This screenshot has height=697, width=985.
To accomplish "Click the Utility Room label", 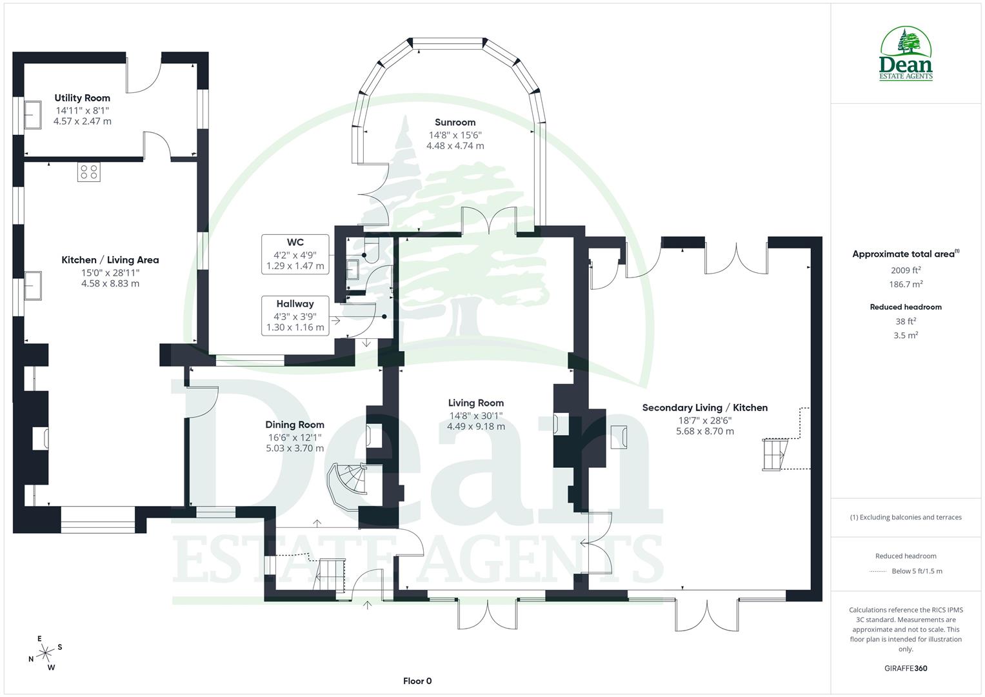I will coord(82,98).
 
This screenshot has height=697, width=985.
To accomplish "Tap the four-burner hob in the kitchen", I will coord(88,172).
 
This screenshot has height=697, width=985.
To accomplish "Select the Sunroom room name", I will coord(455,122).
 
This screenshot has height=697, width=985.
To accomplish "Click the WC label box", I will coord(295,254).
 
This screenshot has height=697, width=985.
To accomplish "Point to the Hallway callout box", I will coord(295,316).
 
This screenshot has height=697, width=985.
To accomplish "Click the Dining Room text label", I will coord(295,425).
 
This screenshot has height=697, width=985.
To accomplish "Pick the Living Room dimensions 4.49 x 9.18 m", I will coord(476,427).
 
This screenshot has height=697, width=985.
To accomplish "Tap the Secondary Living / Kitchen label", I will coord(704,408).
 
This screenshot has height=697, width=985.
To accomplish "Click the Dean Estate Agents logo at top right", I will coord(906,54).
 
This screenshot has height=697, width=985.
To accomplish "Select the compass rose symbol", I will coord(45,653).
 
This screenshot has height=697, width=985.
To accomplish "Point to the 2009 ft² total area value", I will coord(906,270).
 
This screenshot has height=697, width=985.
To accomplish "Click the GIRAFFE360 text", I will coord(906,668).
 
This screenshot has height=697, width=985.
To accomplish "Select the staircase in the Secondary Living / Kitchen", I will coord(774,455).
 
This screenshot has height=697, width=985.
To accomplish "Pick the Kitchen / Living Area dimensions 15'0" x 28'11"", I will coord(110,272).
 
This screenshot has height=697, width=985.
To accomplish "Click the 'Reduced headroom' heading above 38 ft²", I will coord(906,307).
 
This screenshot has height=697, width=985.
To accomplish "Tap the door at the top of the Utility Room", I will coord(143,74).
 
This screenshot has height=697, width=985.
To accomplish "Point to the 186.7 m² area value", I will coord(906,284).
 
